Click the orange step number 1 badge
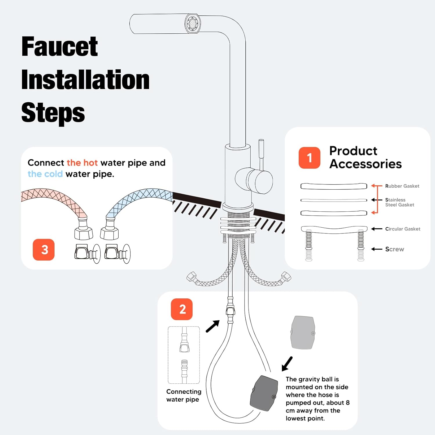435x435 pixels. (x=309, y=158)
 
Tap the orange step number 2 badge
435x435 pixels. (x=182, y=309)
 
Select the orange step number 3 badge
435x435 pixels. (x=44, y=250)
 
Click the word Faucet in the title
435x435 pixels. (x=60, y=46)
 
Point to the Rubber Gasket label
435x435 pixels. (x=402, y=186)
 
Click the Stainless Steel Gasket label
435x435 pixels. (x=400, y=202)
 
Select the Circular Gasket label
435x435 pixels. (x=403, y=229)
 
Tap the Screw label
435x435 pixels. (x=395, y=249)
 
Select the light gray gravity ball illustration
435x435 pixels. (x=303, y=333)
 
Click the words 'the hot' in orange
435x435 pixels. (x=82, y=163)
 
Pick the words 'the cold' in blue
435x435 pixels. (x=45, y=174)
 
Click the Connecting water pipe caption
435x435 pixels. (x=184, y=396)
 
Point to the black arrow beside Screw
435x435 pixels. (x=377, y=249)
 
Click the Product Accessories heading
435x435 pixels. (x=365, y=157)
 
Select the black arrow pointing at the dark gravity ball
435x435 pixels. (x=287, y=364)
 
